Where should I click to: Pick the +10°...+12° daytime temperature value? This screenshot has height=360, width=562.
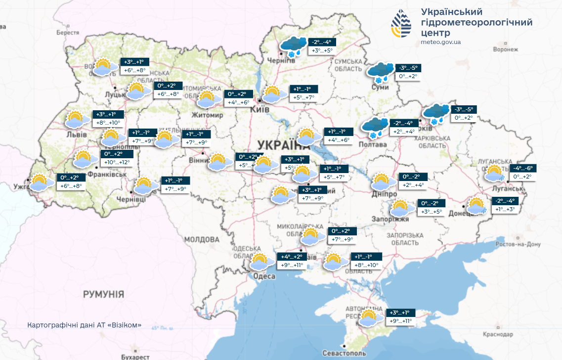(117, 162)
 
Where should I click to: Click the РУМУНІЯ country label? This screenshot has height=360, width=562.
(103, 294)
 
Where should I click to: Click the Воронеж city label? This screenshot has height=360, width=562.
(505, 49)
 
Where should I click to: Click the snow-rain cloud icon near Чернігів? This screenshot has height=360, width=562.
(293, 46)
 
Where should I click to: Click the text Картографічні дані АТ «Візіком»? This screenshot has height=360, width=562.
(85, 325)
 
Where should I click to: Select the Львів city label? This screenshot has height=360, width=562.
(77, 135)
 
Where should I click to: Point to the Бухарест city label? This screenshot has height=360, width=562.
(134, 357)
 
